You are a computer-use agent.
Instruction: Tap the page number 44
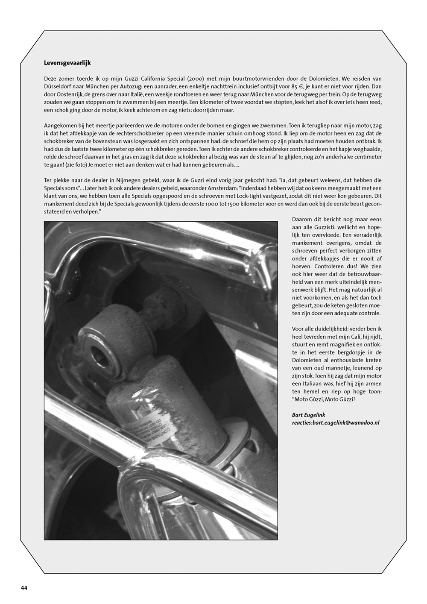24,588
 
